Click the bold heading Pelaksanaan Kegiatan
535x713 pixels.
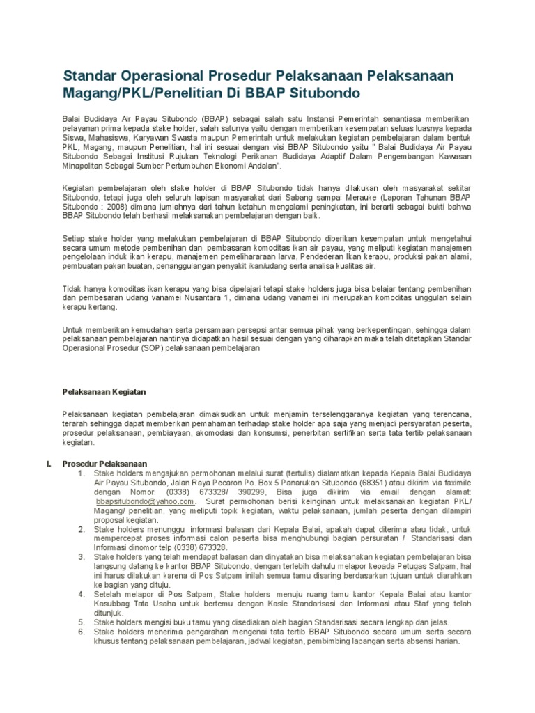104,392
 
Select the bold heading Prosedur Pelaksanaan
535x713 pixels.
104,464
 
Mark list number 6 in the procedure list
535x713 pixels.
81,630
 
